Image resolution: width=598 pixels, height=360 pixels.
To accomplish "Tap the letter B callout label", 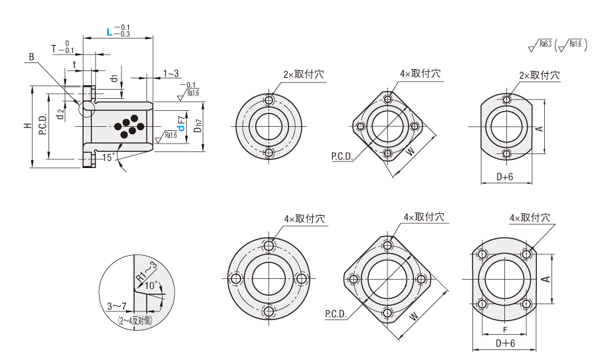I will [x=31, y=58].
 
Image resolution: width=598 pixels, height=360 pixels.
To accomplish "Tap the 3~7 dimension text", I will [x=116, y=306].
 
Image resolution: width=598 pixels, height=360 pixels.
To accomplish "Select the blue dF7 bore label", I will [x=181, y=123].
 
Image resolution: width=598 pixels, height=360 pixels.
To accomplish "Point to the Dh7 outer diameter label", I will [x=197, y=126].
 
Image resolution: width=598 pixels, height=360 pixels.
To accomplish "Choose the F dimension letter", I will [x=505, y=330].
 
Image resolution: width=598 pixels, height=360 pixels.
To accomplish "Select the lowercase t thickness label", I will [x=74, y=65].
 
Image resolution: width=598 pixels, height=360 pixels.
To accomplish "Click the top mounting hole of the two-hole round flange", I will [x=269, y=100].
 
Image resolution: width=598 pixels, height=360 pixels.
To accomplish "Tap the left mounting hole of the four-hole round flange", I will [x=234, y=279].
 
